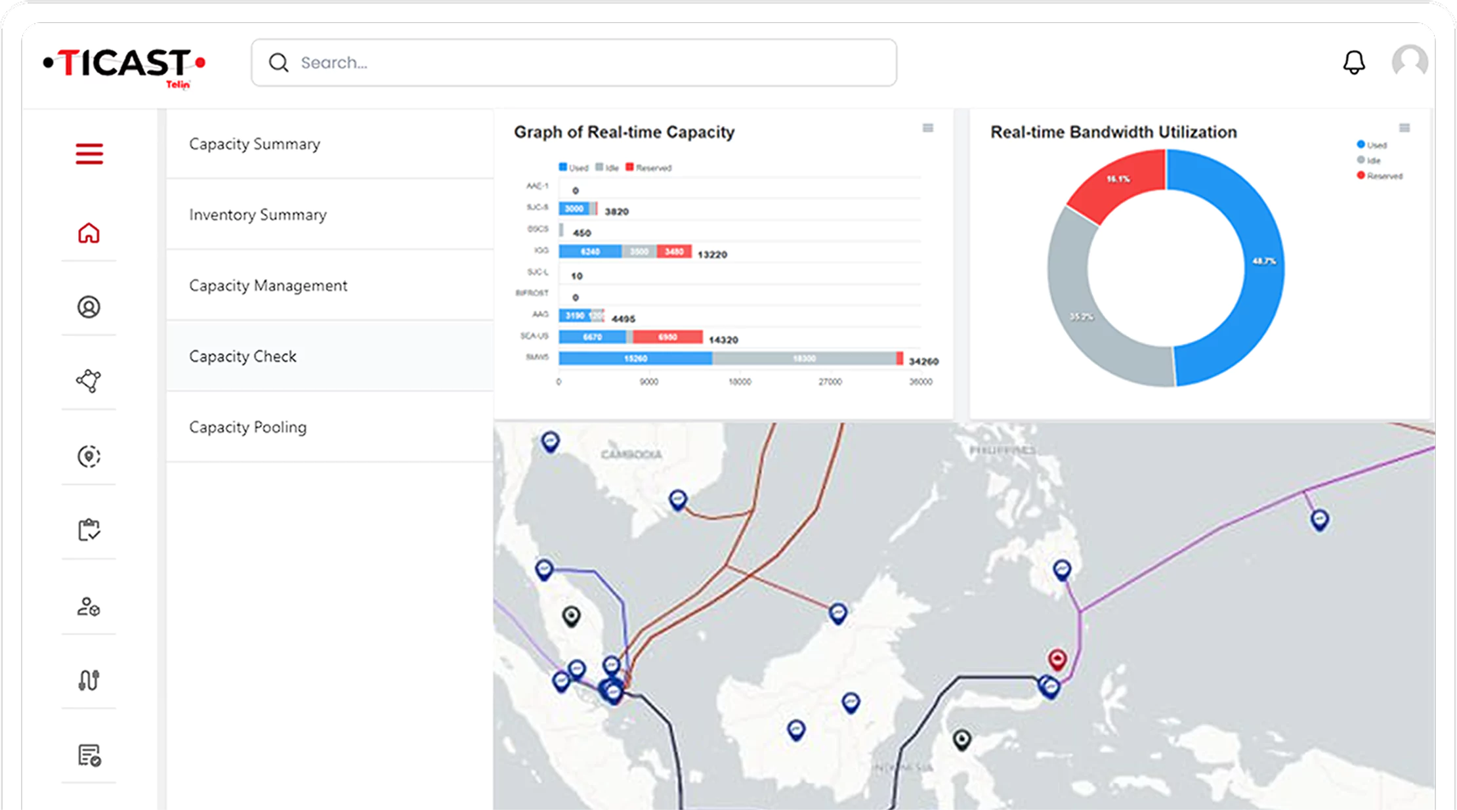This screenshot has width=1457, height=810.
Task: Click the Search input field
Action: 574,62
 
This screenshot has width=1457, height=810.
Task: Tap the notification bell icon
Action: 1353,62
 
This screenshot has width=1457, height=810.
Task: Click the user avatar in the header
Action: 1409,62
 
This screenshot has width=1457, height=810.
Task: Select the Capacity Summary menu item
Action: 255,144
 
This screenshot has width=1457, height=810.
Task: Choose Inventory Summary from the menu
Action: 258,215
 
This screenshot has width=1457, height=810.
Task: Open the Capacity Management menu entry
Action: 268,286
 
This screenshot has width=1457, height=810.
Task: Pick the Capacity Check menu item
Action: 243,356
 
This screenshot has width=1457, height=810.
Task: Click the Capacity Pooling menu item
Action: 248,427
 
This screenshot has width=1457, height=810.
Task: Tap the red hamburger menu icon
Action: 89,154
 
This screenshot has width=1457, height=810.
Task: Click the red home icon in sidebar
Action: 89,233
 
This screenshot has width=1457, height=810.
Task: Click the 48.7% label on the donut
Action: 1264,261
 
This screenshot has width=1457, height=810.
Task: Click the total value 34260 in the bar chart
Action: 923,361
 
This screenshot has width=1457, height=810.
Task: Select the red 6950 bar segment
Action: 667,337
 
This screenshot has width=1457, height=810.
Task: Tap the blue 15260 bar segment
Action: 635,358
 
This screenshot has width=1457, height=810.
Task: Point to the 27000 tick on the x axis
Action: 830,382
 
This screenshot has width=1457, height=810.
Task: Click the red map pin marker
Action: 1057,658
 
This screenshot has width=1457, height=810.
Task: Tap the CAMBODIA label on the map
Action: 631,454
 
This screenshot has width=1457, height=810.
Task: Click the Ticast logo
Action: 124,65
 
